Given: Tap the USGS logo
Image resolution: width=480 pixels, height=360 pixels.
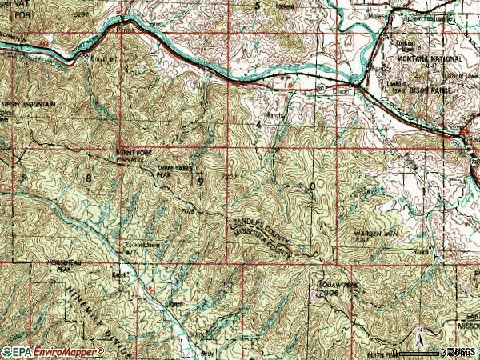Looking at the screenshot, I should (462, 352).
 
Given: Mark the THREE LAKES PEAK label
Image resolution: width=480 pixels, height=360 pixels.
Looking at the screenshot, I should (174, 170).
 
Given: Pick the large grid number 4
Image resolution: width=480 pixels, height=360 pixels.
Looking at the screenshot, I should (258, 126).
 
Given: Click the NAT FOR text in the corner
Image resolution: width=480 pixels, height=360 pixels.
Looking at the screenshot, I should (12, 10).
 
